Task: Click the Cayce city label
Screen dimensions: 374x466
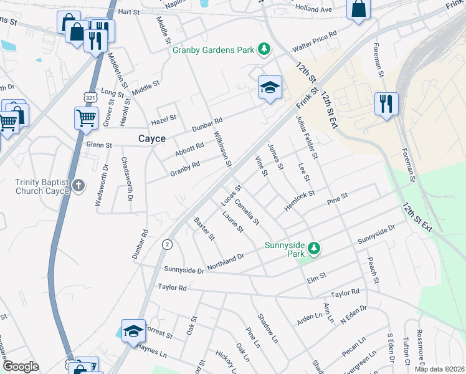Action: pyautogui.click(x=152, y=138)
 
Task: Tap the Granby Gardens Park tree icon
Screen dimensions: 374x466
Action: pyautogui.click(x=265, y=49)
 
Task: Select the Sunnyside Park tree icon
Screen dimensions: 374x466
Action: pyautogui.click(x=315, y=249)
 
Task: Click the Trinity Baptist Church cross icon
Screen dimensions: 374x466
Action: pyautogui.click(x=78, y=185)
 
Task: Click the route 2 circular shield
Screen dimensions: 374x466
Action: pyautogui.click(x=166, y=244)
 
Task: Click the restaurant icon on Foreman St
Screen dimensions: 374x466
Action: pyautogui.click(x=386, y=103)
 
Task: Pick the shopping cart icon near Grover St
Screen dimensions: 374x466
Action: pyautogui.click(x=86, y=117)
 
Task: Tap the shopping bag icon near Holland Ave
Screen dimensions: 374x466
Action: pyautogui.click(x=359, y=9)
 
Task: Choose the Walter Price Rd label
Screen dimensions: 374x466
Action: pyautogui.click(x=315, y=41)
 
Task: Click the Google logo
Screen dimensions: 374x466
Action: pyautogui.click(x=21, y=367)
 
